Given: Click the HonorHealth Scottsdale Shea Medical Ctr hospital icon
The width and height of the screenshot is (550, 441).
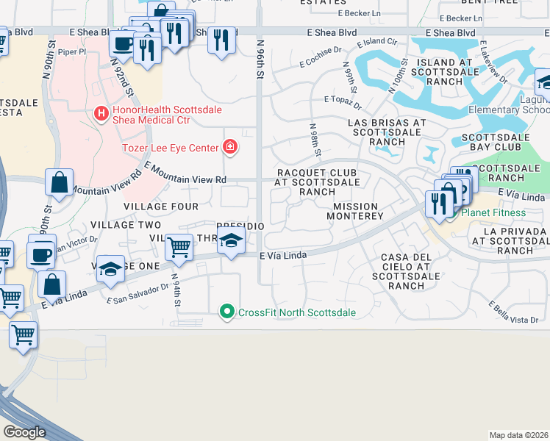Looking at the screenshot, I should coord(102,114).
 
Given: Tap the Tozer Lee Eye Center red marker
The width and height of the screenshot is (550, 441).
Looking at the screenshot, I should coord(230,148).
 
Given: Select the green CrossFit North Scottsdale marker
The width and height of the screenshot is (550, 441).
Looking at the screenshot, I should coord(228,312).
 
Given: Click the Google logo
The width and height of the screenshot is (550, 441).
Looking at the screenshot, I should coord(24,431).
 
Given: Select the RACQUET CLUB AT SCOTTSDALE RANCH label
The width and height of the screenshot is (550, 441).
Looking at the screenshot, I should coord(317,182).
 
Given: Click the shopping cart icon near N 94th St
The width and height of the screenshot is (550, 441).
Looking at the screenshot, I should coord(179,248).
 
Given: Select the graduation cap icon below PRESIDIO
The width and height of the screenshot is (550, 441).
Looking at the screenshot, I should coord(232,242).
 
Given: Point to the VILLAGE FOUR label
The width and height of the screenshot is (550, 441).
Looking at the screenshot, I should coord(161,207).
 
